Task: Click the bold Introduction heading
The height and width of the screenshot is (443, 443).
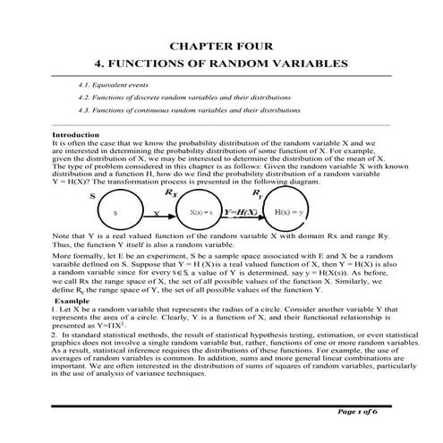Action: pyautogui.click(x=76, y=134)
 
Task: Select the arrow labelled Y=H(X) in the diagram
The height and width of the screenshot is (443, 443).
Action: pyautogui.click(x=243, y=213)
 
